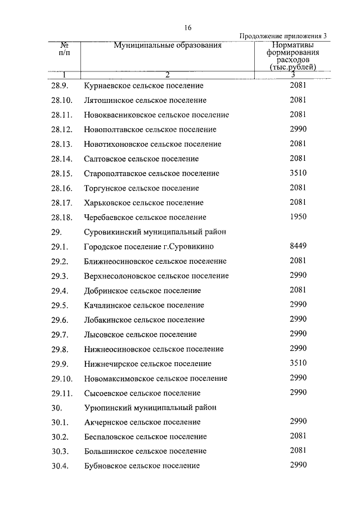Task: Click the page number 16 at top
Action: tap(188, 28)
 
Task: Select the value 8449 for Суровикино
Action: tap(298, 246)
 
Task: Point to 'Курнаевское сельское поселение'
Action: tap(143, 86)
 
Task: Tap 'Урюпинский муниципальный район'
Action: tap(150, 407)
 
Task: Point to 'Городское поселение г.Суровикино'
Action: tap(148, 247)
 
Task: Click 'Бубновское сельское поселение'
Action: tap(142, 466)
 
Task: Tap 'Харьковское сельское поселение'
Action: tap(143, 203)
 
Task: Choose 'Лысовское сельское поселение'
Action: tap(140, 335)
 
